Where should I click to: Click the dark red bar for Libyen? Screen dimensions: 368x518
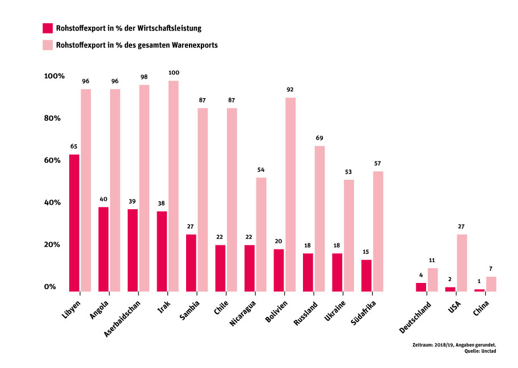pos(74,223)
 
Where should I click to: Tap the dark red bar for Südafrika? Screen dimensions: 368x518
pos(367,276)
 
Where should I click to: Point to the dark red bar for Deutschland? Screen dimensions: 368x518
pos(420,287)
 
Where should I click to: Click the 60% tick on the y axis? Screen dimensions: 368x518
pos(50,160)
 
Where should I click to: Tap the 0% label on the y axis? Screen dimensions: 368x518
pos(50,287)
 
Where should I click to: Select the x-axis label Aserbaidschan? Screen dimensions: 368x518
pos(126,319)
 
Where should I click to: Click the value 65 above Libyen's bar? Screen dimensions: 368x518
pos(74,147)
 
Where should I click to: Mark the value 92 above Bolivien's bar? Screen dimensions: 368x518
pos(290,90)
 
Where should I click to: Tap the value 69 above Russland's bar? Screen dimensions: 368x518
pos(319,138)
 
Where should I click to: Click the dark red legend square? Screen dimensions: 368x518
pos(48,28)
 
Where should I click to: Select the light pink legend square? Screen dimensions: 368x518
pos(48,44)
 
